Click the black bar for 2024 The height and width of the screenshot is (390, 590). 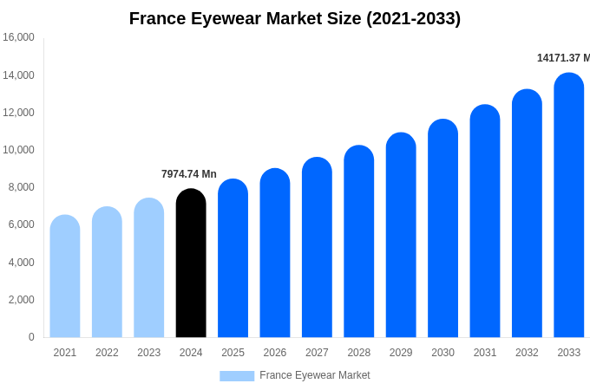pos(191,263)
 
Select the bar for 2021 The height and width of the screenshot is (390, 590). pos(65,276)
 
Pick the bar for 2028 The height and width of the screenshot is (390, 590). pos(359,242)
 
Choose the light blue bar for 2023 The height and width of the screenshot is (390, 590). pos(149,268)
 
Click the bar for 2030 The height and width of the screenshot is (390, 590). pos(442,229)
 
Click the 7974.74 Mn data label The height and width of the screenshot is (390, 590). pos(189,174)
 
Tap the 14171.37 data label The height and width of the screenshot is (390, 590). pos(562,58)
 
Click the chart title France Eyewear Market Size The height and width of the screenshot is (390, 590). pos(295,18)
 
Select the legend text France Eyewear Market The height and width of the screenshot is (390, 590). pos(314,375)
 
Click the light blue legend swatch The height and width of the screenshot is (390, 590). pos(237,376)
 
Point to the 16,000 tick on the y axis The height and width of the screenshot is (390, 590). pos(18,37)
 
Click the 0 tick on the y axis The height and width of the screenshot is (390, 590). pos(31,337)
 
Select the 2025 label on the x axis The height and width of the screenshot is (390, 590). pos(233,353)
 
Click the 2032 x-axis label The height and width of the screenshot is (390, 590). pos(527,353)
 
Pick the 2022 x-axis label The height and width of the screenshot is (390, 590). pos(107,353)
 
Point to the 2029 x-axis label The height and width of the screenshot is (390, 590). pos(401,353)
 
